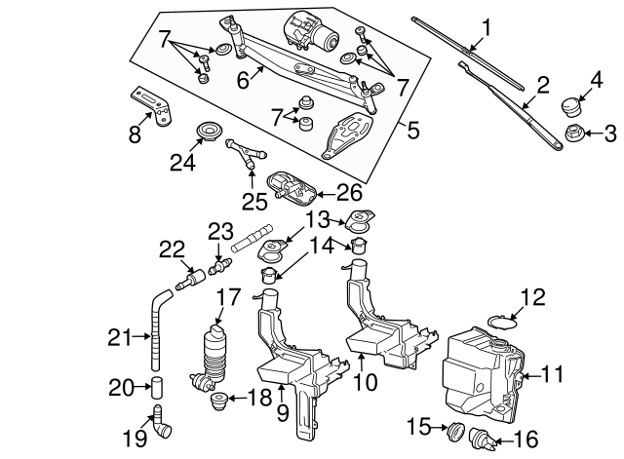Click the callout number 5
413,127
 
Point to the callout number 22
173,249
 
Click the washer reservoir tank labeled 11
478,370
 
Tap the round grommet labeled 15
454,429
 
